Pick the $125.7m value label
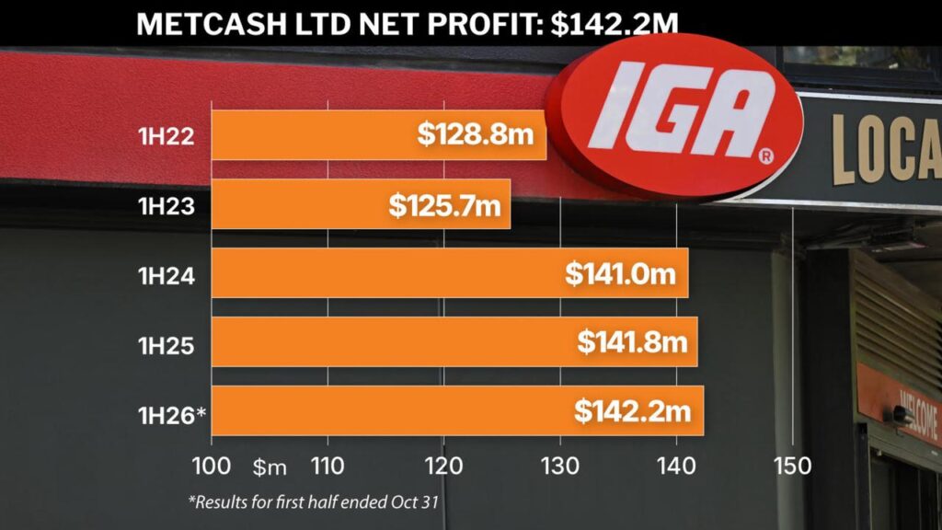click(x=446, y=204)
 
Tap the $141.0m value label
click(x=621, y=273)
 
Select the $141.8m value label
click(x=633, y=342)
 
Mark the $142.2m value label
click(x=633, y=411)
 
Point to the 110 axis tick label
click(x=327, y=465)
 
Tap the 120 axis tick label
click(x=443, y=465)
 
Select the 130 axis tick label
click(x=560, y=465)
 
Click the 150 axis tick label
click(x=792, y=465)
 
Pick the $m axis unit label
click(x=270, y=467)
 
